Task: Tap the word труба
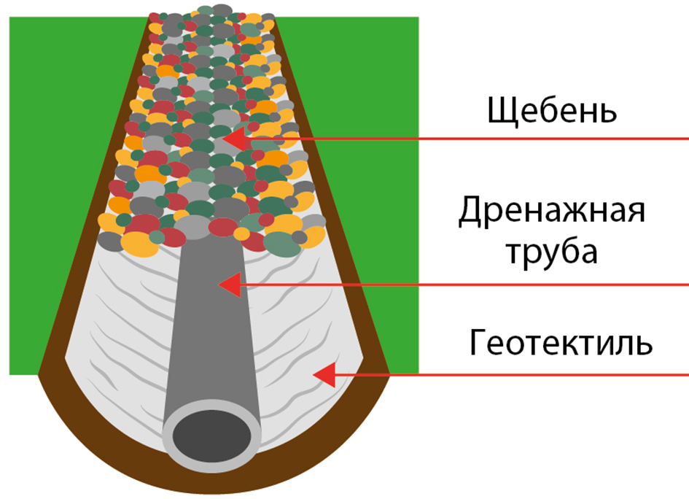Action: [x=552, y=252]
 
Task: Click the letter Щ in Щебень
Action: [x=500, y=113]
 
